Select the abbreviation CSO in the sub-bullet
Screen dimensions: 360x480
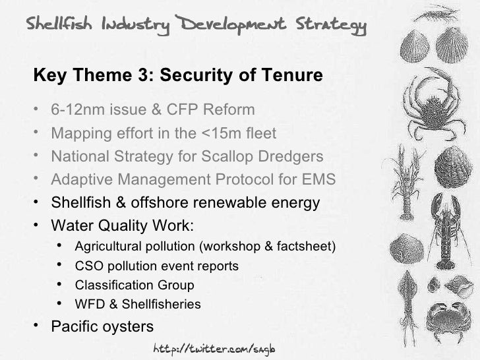click(88, 267)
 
